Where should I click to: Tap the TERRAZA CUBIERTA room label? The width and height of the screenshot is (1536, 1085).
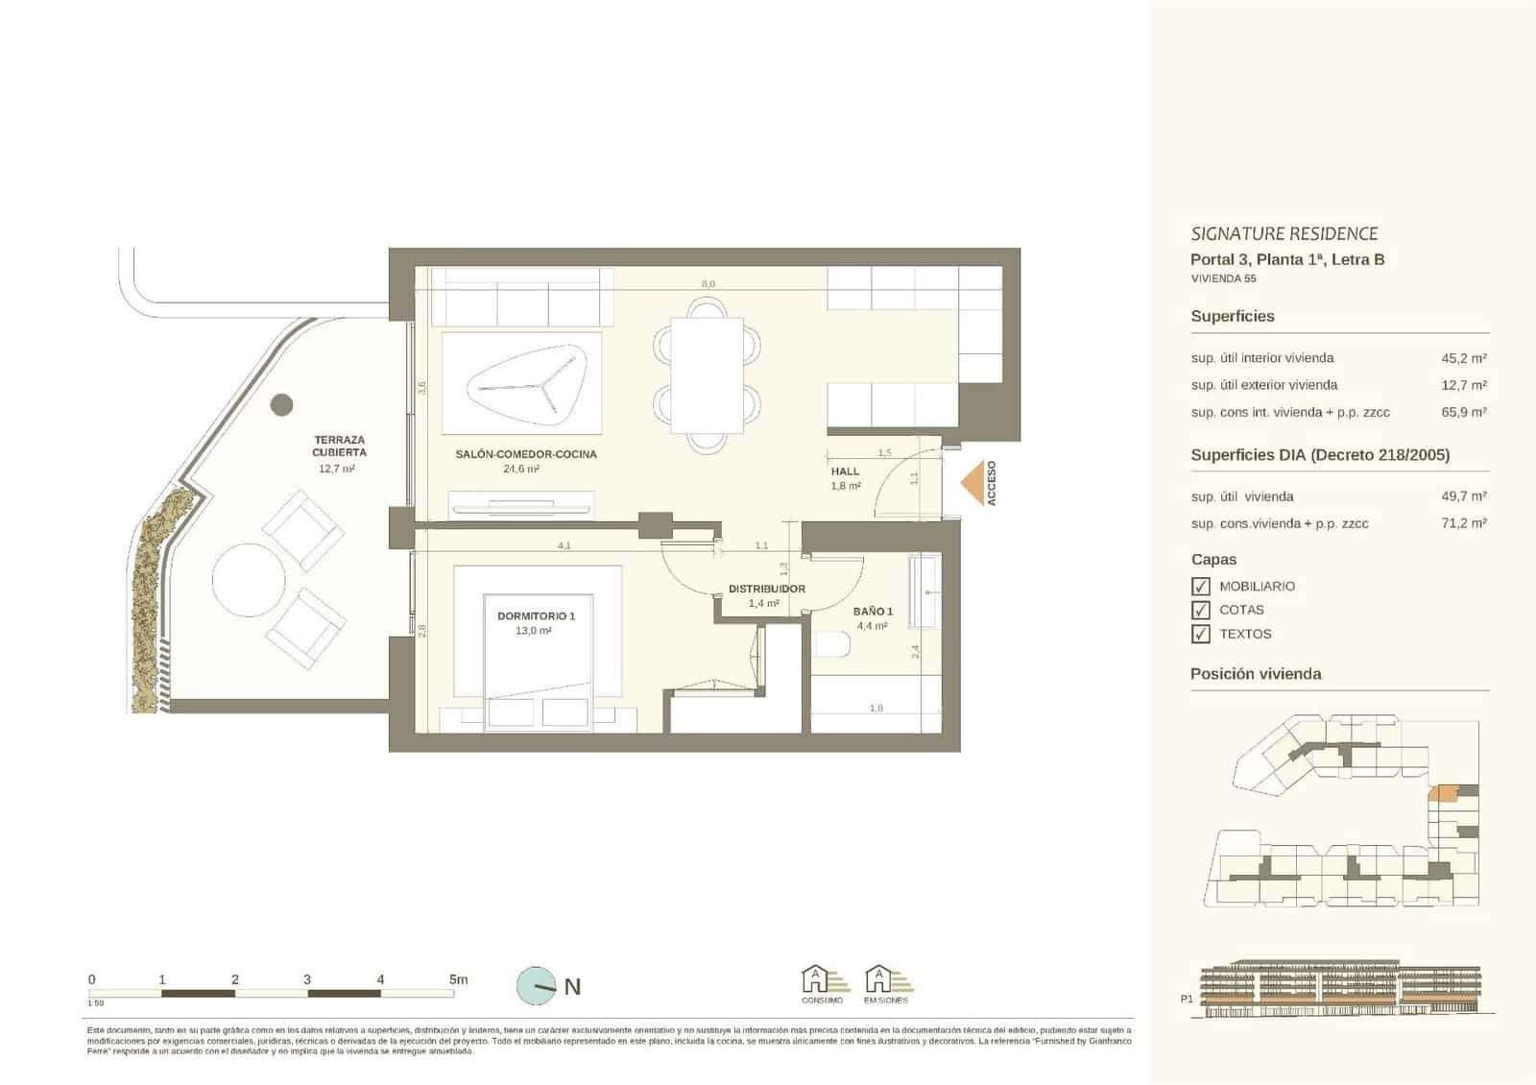coord(339,446)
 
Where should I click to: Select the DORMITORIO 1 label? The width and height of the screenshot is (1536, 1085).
coord(536,615)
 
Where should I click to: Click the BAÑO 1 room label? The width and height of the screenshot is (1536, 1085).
coord(873,611)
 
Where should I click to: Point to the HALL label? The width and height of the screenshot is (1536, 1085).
coord(845,471)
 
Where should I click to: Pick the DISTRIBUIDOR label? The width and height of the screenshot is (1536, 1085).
coord(766,589)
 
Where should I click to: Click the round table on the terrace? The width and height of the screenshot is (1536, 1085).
coord(249,580)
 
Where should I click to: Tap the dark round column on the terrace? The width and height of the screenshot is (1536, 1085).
coord(281,404)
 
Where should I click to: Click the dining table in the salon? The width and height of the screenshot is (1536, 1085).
coord(708,375)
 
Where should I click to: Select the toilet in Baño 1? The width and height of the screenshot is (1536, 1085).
coord(829,644)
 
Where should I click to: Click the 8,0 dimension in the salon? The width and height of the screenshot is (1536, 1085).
coord(708,284)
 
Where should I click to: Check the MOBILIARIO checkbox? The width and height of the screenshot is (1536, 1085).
coord(1200,586)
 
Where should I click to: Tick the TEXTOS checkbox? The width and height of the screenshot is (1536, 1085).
coord(1200,634)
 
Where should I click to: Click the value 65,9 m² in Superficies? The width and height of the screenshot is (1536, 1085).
coord(1464,412)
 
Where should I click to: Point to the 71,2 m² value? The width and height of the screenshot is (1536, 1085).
coord(1464,523)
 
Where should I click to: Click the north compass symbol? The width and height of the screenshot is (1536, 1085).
coord(537,986)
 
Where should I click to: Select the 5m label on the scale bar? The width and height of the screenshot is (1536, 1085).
coord(459,979)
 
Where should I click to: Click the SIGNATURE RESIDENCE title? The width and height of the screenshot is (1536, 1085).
coord(1284,233)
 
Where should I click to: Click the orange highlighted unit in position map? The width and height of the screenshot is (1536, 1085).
coord(1443,792)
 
